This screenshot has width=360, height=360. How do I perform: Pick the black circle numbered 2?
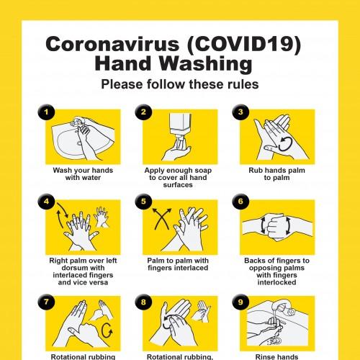[144, 112]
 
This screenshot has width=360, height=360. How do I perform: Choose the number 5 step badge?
[144, 202]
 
